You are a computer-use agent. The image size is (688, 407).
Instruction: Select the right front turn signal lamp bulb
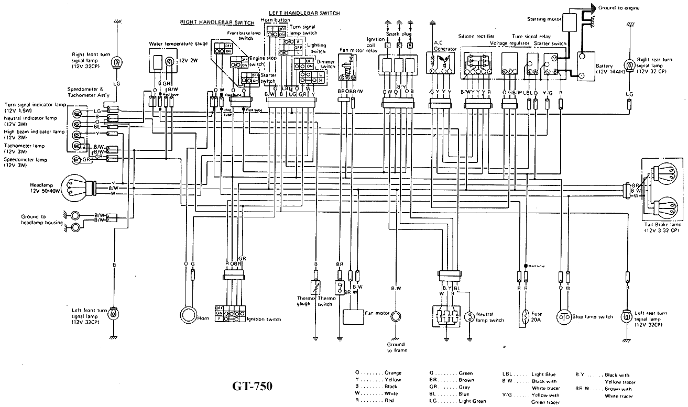pos(115,63)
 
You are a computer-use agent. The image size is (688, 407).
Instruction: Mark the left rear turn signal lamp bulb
pos(627,316)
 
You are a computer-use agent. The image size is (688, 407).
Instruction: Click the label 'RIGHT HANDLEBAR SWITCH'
pos(217,23)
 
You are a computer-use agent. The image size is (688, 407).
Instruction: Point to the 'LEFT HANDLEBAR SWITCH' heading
pos(304,13)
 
